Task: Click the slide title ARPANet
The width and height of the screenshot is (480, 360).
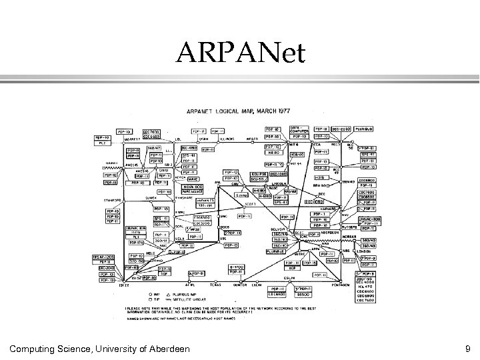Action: (239, 53)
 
